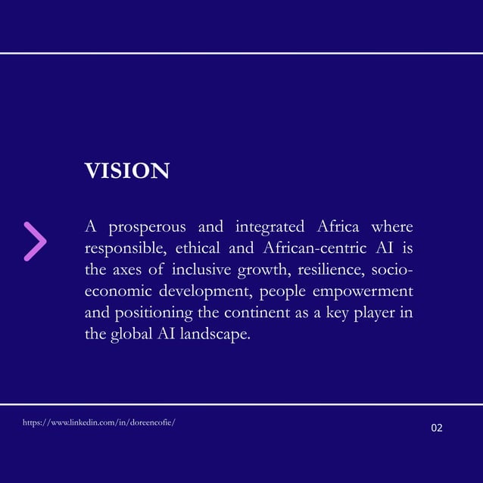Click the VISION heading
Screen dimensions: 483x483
tap(126, 171)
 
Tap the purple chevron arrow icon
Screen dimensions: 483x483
tap(35, 241)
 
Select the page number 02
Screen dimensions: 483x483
tap(437, 428)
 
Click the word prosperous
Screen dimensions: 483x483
tap(149, 227)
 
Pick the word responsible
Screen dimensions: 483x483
tap(125, 248)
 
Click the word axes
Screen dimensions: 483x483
tap(134, 270)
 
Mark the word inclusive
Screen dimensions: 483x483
tap(202, 270)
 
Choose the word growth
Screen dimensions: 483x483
tap(260, 270)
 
